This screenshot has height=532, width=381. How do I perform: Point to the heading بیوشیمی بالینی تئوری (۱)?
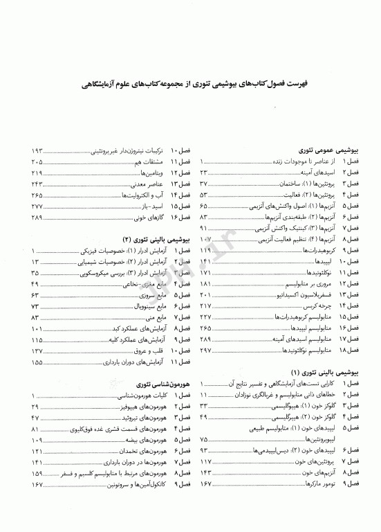click(x=322, y=373)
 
